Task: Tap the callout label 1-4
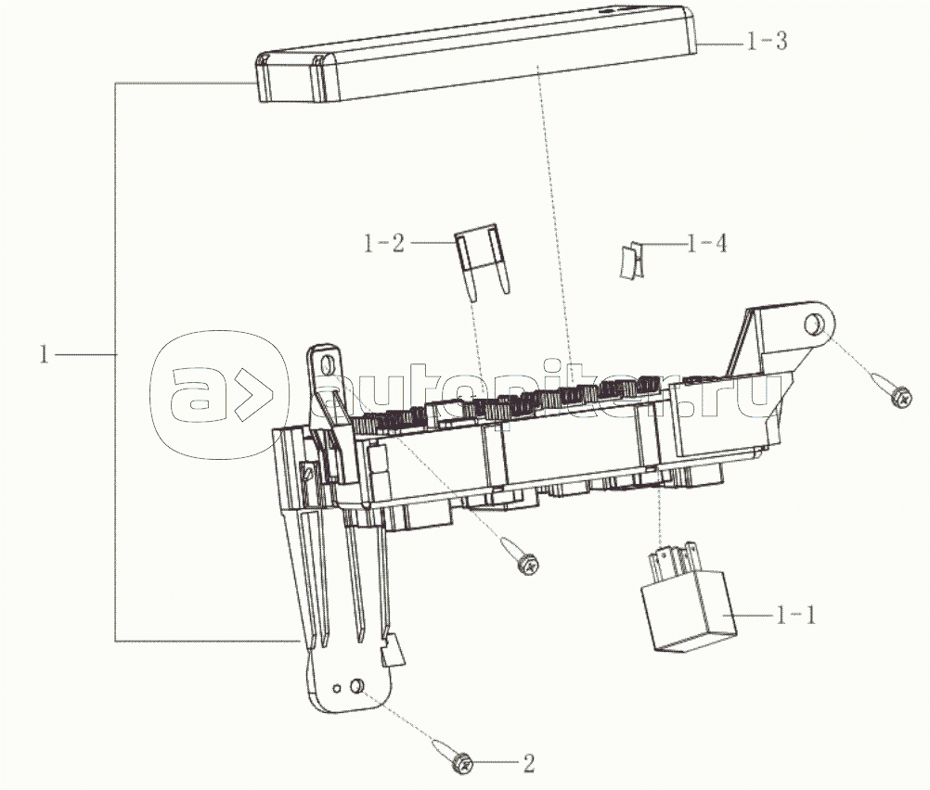pyautogui.click(x=706, y=245)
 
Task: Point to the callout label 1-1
pyautogui.click(x=797, y=614)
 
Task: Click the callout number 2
pyautogui.click(x=528, y=763)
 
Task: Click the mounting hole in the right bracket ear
pyautogui.click(x=812, y=325)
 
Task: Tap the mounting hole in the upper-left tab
pyautogui.click(x=326, y=364)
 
